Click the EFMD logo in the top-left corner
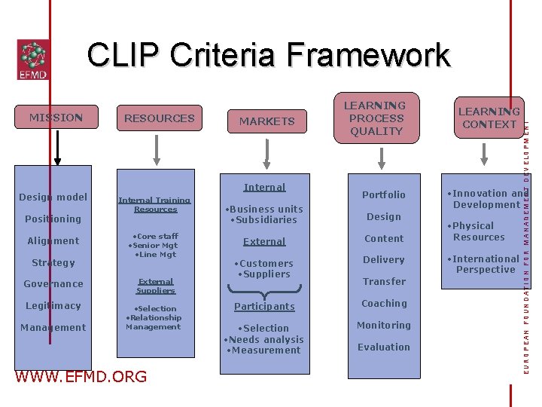coord(32,60)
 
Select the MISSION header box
coord(56,118)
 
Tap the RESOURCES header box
coord(159,118)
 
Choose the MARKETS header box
coord(266,121)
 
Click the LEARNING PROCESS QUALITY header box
coord(376,118)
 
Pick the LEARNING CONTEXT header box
coord(489,118)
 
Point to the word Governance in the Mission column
coord(53,284)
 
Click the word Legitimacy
coord(53,306)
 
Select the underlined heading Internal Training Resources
coord(155,204)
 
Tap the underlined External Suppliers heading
coord(156,286)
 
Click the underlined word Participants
coord(264,307)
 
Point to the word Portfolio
coord(383,195)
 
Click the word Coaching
coord(384,304)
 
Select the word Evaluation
coord(384,347)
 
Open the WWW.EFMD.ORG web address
coord(81,377)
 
